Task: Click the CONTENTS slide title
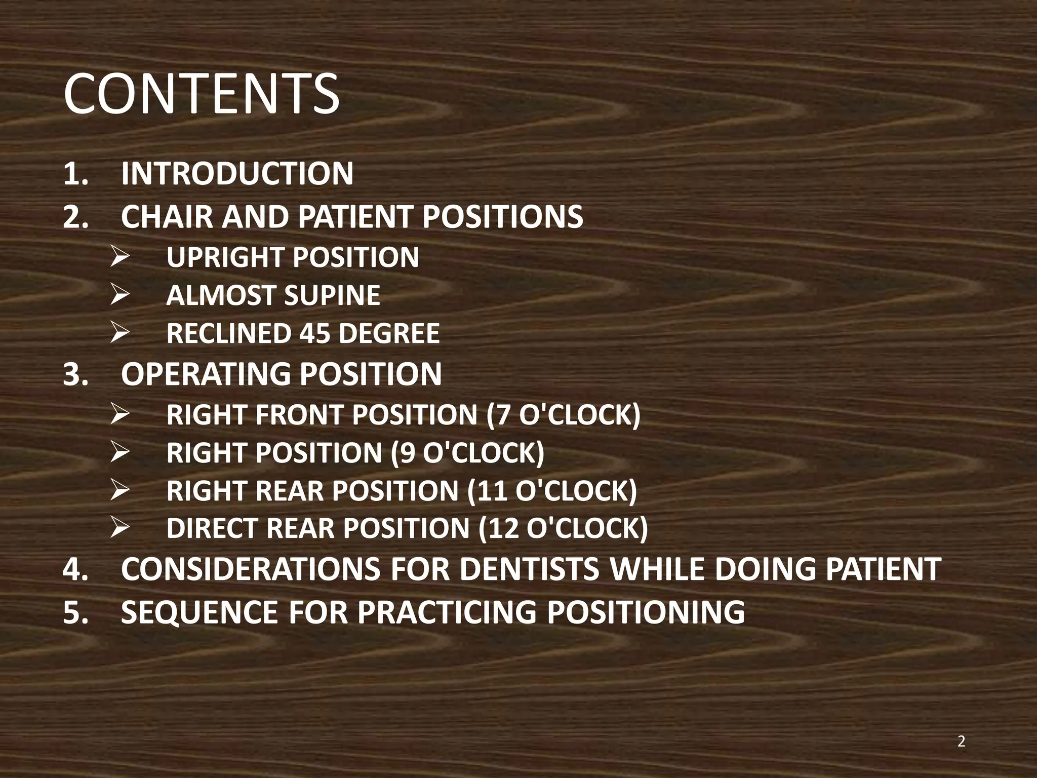pyautogui.click(x=202, y=94)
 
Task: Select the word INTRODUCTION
pyautogui.click(x=237, y=174)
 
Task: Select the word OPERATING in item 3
pyautogui.click(x=205, y=374)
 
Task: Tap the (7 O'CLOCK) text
pyautogui.click(x=563, y=415)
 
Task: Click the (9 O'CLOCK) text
pyautogui.click(x=467, y=452)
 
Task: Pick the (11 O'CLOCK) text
pyautogui.click(x=552, y=491)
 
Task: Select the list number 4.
pyautogui.click(x=75, y=569)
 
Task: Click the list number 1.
pyautogui.click(x=75, y=174)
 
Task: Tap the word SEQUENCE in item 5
pyautogui.click(x=200, y=612)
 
